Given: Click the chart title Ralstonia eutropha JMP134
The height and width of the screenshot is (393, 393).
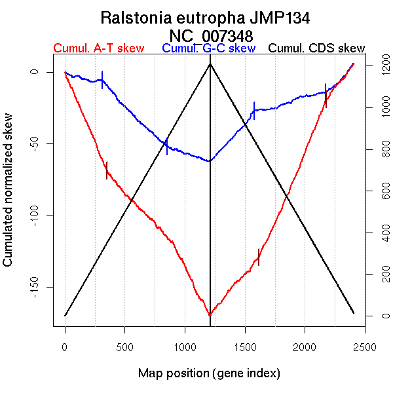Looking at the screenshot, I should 210,17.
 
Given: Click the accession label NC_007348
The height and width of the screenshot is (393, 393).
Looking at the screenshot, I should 210,34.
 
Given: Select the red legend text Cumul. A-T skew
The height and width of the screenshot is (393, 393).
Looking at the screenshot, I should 98,48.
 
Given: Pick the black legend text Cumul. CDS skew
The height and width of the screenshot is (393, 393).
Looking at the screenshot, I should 317,48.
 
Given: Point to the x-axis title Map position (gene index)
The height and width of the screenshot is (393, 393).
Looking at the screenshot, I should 209,373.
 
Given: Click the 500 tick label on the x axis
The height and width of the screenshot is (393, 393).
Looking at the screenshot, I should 125,346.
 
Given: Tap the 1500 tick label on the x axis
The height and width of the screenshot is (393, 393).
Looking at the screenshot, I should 245,346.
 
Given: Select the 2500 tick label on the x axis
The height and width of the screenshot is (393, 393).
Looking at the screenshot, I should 365,346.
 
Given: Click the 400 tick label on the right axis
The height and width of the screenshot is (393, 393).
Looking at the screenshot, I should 381,233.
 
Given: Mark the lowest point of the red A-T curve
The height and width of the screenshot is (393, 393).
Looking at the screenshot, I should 210,316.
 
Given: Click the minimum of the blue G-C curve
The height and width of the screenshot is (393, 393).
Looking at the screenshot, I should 210,161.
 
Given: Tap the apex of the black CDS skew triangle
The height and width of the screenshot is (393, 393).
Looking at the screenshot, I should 210,64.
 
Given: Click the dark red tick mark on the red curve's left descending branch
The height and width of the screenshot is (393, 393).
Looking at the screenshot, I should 107,170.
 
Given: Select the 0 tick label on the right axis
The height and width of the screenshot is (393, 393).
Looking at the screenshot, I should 381,316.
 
